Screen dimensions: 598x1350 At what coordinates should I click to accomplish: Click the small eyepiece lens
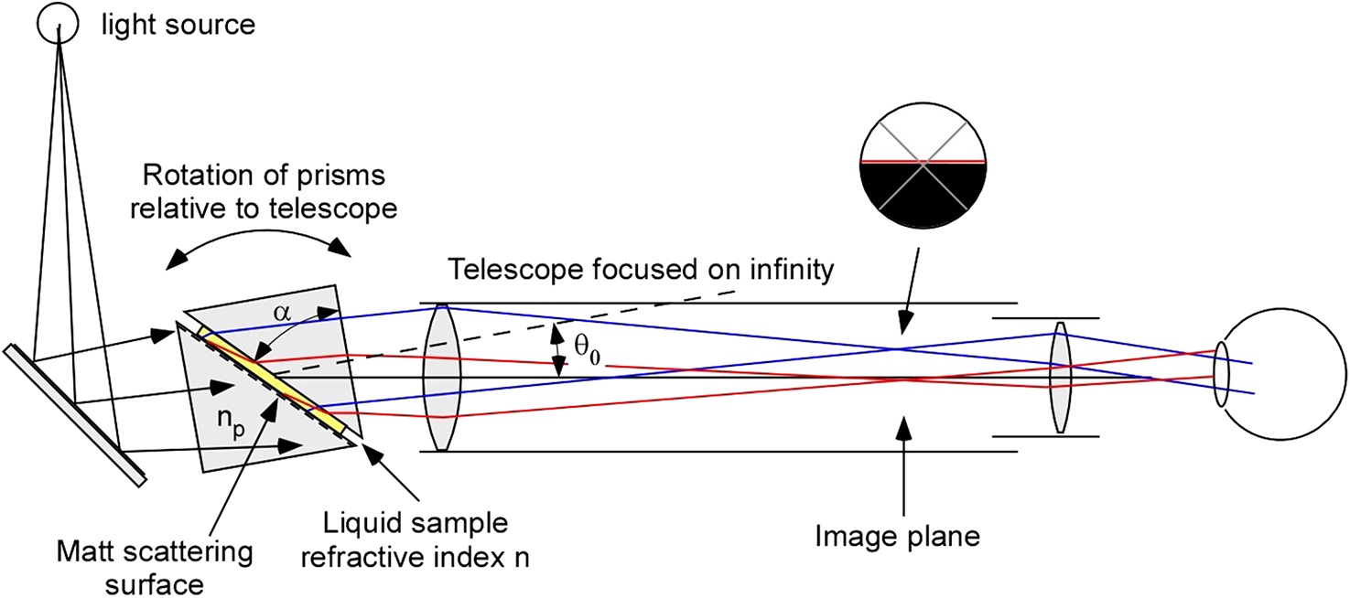tap(1060, 377)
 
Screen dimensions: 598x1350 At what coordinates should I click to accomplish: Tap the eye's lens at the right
tap(1222, 376)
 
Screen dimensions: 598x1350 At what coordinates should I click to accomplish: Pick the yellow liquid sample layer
tap(275, 384)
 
